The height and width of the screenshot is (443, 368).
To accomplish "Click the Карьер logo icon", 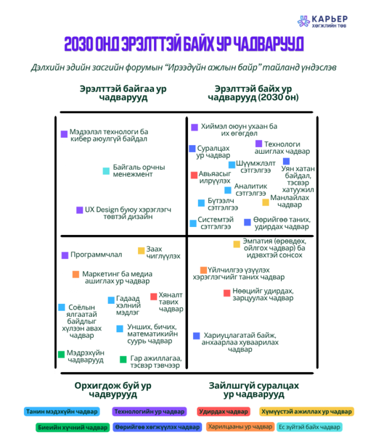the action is click(303, 21).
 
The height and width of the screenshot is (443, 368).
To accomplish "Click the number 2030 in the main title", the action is click(78, 44).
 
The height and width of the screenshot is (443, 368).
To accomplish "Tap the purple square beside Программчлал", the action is click(65, 255).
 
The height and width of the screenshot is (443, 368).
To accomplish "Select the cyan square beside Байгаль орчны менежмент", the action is click(106, 171).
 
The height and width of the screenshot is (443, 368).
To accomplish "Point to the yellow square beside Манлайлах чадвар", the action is click(266, 202).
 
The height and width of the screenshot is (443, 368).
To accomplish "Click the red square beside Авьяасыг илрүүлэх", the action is click(194, 175).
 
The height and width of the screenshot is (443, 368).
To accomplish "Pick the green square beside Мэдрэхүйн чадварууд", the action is click(61, 354).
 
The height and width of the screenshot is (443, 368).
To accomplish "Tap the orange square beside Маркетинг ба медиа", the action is click(76, 274).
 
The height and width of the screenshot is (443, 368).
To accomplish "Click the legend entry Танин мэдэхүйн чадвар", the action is click(62, 412).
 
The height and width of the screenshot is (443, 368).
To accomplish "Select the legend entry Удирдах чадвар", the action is click(223, 412).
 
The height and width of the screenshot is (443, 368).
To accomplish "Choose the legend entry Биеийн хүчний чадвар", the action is click(73, 427).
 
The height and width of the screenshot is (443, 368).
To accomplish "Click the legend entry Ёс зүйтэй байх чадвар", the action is click(309, 427).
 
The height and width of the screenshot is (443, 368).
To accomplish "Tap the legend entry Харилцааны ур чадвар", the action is click(240, 426).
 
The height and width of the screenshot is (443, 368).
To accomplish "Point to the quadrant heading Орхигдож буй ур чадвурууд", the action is click(113, 390).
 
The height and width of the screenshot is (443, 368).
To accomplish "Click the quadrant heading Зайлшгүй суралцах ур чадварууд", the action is click(254, 390).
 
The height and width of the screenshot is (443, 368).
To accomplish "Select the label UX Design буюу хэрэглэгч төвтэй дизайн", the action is click(128, 213).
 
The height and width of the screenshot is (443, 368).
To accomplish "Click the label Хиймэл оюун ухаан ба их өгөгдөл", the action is click(239, 130).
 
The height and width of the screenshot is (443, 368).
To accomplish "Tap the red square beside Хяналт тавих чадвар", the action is click(153, 297).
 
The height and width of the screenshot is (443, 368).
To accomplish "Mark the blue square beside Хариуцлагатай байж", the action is click(197, 336).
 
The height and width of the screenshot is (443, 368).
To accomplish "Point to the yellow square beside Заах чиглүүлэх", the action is click(141, 250).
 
